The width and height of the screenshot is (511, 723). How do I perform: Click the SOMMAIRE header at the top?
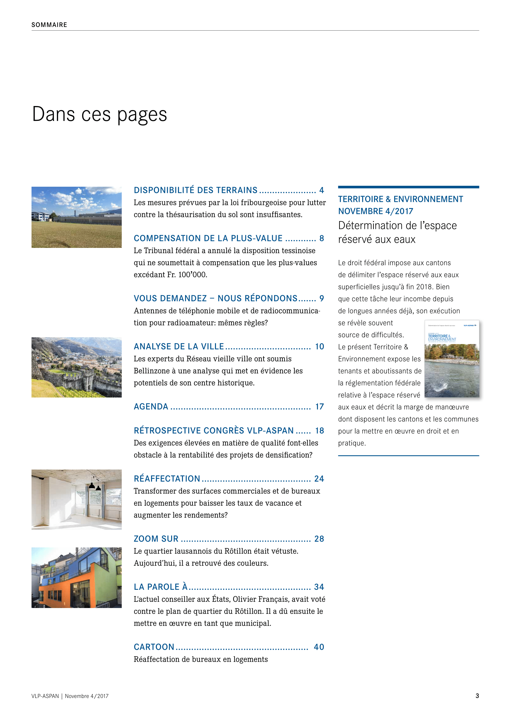[x=49, y=25]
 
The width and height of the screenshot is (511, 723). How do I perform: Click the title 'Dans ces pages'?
[x=99, y=114]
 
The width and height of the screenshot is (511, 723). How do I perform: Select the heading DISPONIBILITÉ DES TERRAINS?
[x=195, y=190]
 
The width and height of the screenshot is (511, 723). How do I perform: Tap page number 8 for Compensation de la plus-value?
[x=321, y=238]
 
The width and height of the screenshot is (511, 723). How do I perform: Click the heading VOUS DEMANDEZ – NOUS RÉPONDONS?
[x=216, y=298]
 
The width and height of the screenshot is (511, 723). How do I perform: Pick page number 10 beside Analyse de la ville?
[x=319, y=347]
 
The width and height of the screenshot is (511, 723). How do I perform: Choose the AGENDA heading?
[x=151, y=406]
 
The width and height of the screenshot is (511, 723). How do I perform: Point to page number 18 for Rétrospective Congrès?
[x=319, y=431]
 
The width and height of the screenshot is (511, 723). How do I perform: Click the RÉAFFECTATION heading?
[x=167, y=478]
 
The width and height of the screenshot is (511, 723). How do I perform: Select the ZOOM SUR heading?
[x=156, y=539]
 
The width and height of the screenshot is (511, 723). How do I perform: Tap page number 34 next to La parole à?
[x=319, y=587]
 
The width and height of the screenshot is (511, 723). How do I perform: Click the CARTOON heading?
[x=154, y=647]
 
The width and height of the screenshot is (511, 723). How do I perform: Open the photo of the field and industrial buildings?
[x=76, y=217]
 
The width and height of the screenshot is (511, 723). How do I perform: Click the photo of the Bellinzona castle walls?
[x=76, y=367]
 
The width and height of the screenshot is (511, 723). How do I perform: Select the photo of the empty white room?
[x=76, y=500]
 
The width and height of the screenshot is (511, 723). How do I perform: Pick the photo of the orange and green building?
[x=76, y=577]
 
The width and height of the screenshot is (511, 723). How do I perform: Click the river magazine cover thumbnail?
[x=452, y=359]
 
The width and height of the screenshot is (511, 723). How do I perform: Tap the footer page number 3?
[x=477, y=696]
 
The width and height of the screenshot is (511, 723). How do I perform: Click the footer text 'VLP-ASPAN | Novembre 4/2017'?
[x=70, y=696]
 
